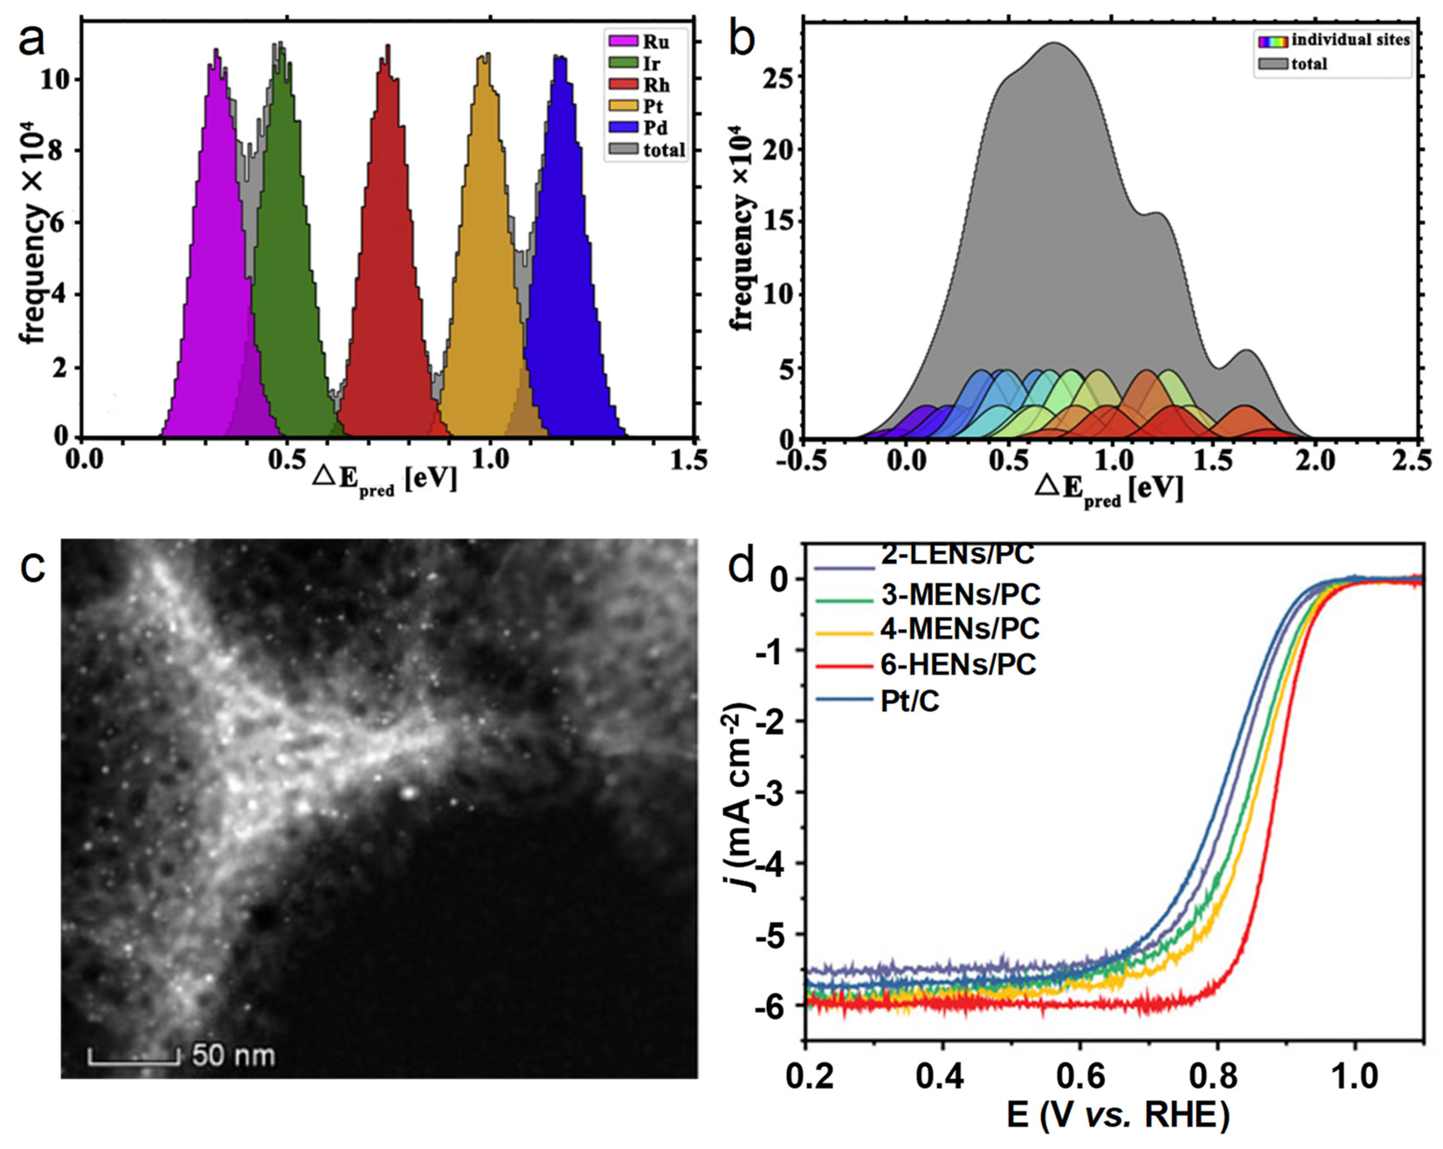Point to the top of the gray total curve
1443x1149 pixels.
[1054, 44]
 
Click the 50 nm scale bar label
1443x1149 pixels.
[233, 1055]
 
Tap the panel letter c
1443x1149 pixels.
[32, 567]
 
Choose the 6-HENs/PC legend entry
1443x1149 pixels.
[958, 665]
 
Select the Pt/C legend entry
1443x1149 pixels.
[909, 700]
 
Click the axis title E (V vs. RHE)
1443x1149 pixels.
[1118, 1116]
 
